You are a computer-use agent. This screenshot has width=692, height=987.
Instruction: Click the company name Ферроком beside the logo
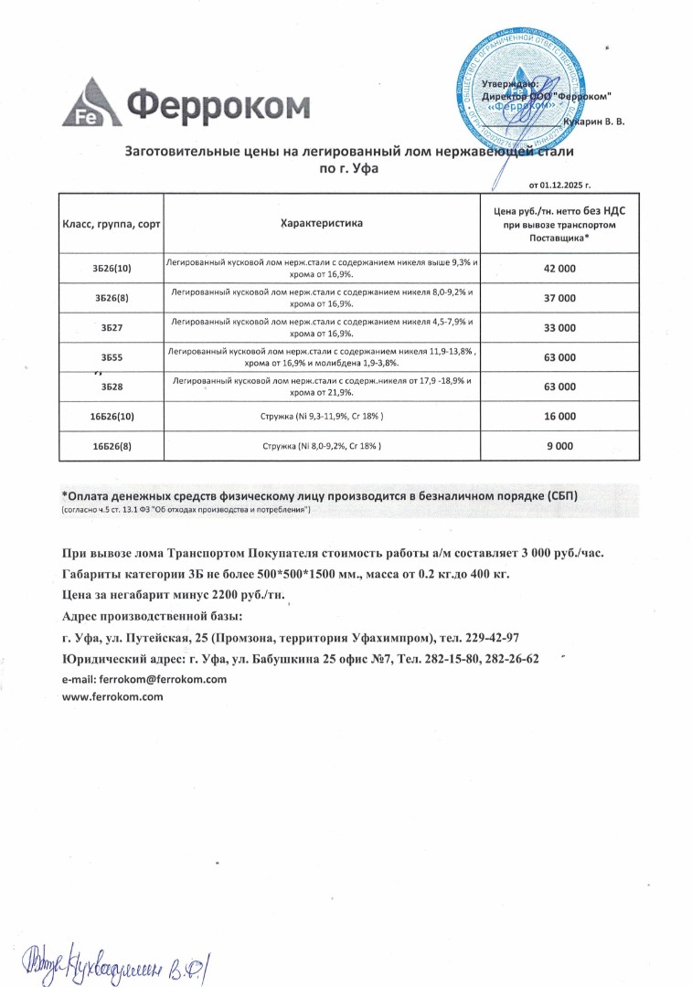218,106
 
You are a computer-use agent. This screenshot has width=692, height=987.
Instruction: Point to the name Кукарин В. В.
595,122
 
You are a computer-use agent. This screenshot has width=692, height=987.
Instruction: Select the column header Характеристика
322,222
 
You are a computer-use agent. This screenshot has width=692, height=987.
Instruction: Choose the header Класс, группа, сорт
112,223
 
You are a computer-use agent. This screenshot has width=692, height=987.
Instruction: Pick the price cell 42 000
559,269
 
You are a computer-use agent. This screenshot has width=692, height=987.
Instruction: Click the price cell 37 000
559,298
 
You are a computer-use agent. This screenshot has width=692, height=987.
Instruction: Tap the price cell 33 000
559,327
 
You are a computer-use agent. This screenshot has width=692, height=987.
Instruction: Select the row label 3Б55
112,357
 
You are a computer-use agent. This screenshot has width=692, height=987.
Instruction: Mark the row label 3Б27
112,327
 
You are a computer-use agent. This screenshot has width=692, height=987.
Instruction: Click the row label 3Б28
112,387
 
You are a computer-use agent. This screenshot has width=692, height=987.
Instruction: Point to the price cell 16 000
559,416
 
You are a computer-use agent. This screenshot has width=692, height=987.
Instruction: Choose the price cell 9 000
559,446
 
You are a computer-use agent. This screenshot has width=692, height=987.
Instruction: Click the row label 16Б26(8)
112,446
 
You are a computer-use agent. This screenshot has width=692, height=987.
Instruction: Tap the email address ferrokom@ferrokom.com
144,679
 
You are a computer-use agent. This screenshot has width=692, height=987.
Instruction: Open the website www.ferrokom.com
112,696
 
